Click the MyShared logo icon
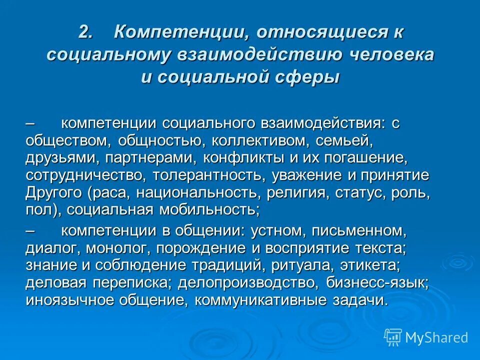click(393, 336)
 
